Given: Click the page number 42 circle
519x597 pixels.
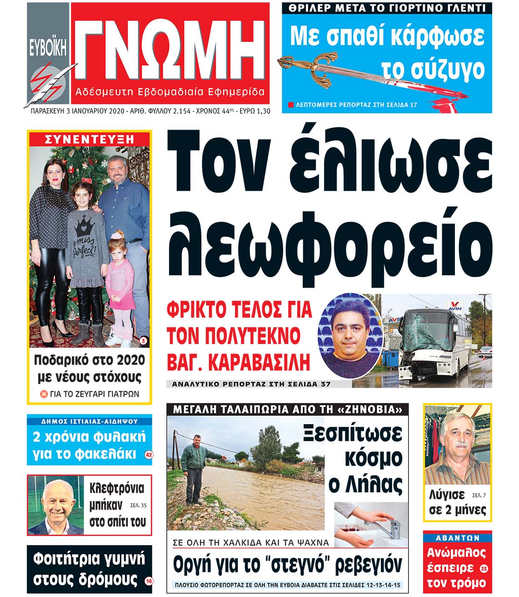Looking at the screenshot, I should [148, 455].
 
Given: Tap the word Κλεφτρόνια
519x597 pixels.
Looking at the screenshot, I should [117, 489].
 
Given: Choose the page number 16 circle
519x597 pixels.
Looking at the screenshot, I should [149, 581].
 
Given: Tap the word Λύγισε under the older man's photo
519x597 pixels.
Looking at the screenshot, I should [446, 495].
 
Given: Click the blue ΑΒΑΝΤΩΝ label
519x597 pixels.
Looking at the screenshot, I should [457, 538].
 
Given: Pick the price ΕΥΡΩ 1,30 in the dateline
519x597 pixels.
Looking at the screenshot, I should [254, 111].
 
